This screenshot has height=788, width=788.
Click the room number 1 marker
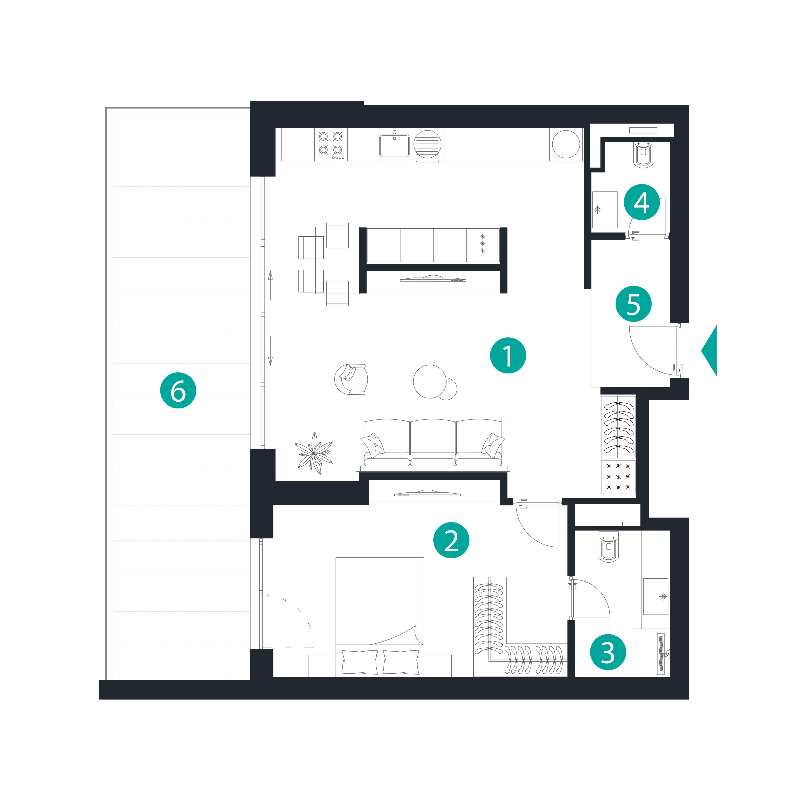tap(508, 355)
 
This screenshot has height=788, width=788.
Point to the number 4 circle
tap(641, 202)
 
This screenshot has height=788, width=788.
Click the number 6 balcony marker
tap(178, 390)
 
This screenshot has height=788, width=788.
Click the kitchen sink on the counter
tap(394, 146)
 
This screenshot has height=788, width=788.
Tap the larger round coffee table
tap(430, 381)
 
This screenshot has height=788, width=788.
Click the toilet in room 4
tap(644, 154)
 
